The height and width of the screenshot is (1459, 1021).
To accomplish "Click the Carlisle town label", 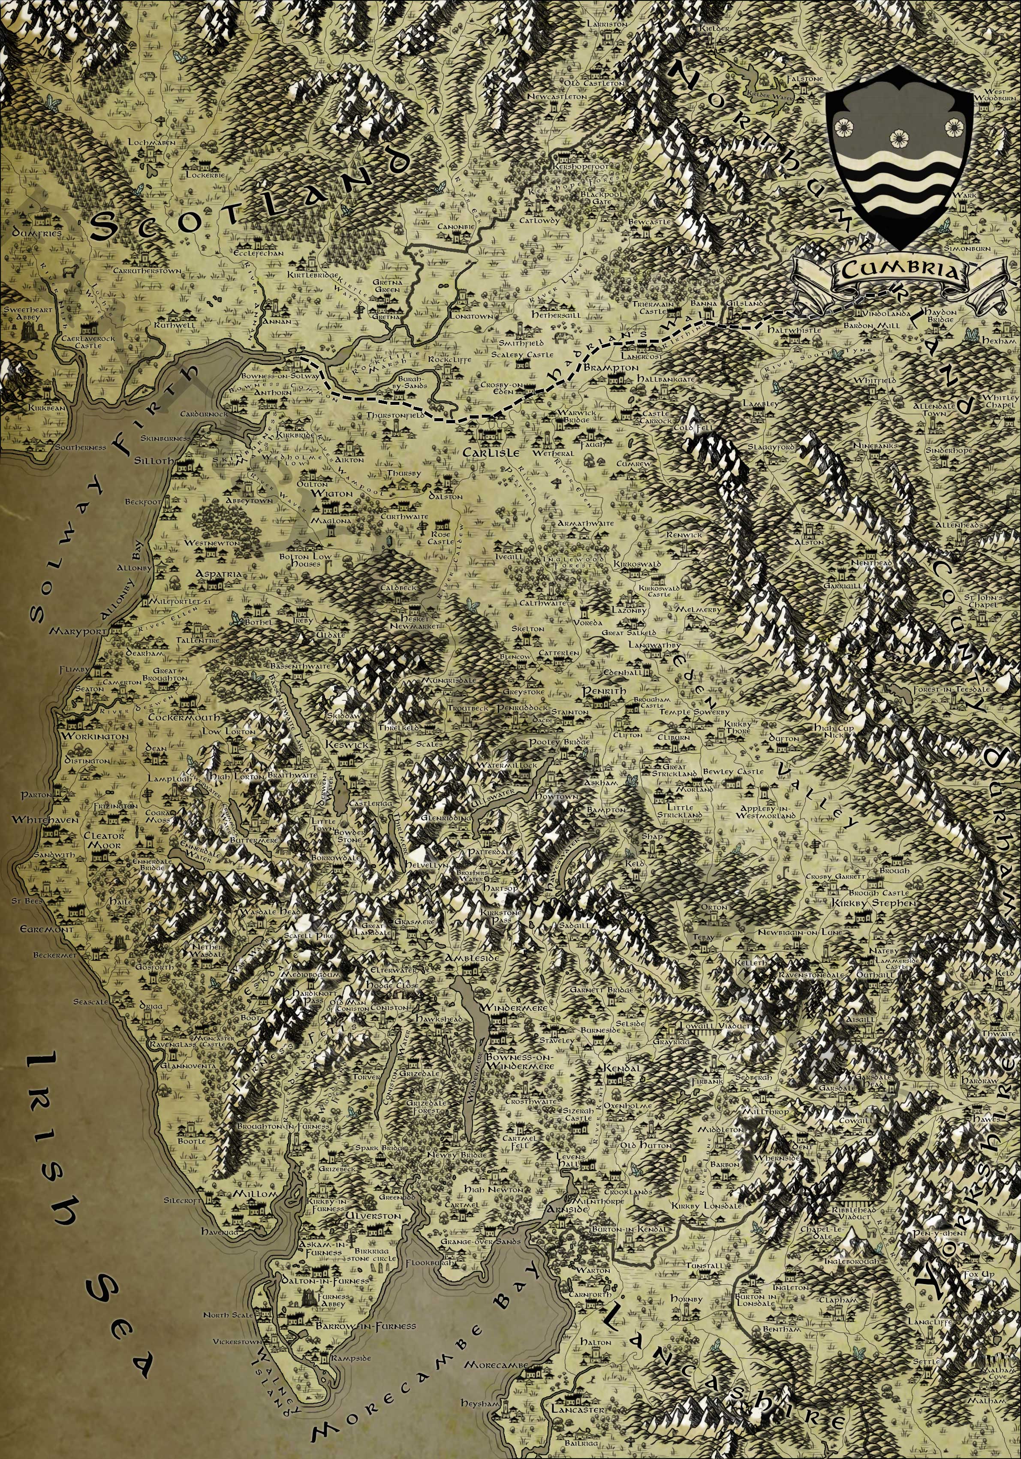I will pos(491,452).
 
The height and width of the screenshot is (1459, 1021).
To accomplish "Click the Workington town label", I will pos(95,736).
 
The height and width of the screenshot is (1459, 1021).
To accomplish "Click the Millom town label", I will pos(256,1194).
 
